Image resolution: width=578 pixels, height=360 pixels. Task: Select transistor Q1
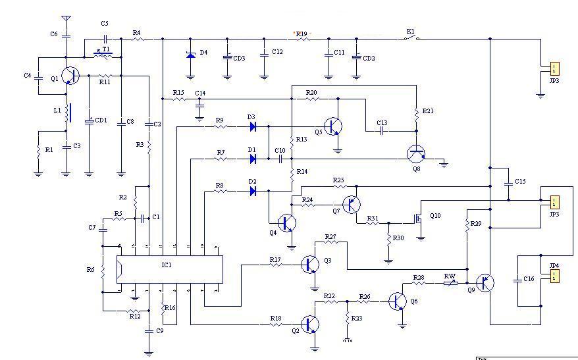pos(69,76)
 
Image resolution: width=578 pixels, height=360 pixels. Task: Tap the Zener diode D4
pos(191,55)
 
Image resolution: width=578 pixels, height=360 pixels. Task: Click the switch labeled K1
pos(411,38)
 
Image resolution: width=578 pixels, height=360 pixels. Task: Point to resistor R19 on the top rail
pos(302,39)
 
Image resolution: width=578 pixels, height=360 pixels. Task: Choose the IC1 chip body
pos(169,269)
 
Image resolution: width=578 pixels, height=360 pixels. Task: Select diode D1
pos(252,159)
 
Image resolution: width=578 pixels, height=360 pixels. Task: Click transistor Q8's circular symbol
pos(415,155)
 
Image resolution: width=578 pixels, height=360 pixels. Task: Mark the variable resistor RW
pos(450,283)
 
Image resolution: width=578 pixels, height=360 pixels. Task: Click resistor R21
pos(415,115)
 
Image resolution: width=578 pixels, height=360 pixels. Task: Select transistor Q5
pos(334,126)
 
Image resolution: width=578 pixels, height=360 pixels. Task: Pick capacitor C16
pos(518,279)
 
